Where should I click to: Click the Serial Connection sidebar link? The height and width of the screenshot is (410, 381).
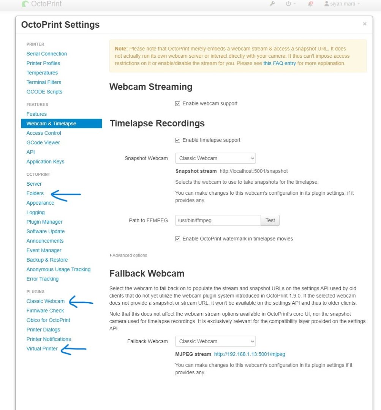(x=47, y=54)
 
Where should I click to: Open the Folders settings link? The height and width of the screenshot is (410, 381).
(x=35, y=193)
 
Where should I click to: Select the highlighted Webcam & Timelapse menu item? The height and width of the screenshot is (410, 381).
(x=51, y=123)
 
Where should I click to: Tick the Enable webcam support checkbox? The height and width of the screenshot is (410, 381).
(x=178, y=104)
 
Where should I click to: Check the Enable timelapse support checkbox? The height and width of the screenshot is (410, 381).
(x=178, y=140)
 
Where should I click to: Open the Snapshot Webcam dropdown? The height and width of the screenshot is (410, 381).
(x=215, y=158)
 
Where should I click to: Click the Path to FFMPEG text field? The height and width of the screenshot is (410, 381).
(x=218, y=220)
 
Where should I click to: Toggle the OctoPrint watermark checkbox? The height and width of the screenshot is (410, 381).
(x=178, y=239)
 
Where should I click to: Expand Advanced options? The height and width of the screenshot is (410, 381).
(x=128, y=255)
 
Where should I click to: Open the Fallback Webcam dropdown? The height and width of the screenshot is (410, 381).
(x=215, y=341)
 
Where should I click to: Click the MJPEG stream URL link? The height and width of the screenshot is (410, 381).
(x=250, y=354)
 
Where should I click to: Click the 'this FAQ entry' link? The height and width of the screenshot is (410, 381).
(x=280, y=63)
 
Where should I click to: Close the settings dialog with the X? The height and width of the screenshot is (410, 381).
(x=365, y=24)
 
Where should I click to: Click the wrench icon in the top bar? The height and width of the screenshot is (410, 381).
(x=272, y=4)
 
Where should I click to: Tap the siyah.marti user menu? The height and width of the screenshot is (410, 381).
(x=341, y=4)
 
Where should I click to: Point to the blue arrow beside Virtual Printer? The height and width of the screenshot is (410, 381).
(x=74, y=350)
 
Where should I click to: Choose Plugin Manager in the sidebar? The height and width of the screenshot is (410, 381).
(x=44, y=222)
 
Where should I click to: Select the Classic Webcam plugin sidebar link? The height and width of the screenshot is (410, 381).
(x=46, y=301)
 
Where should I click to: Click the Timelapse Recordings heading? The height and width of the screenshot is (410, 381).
(x=157, y=123)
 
